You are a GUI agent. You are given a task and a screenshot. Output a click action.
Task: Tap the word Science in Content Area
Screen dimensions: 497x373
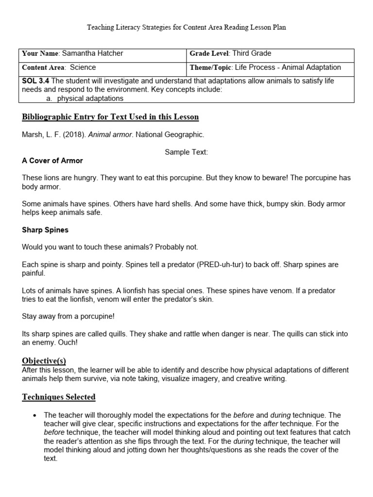(x=83, y=67)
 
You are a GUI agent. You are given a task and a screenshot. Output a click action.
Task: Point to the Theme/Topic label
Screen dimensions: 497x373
(x=211, y=67)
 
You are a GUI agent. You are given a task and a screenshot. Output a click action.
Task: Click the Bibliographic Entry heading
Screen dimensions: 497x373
(x=110, y=117)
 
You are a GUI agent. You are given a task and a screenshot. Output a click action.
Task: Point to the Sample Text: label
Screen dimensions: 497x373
(x=186, y=152)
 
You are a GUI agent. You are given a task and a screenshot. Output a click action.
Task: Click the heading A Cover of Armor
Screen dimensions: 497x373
(x=52, y=161)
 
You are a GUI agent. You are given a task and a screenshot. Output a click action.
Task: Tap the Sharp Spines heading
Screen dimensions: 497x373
(x=45, y=230)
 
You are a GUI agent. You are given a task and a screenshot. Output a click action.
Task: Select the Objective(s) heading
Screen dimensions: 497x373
(x=44, y=361)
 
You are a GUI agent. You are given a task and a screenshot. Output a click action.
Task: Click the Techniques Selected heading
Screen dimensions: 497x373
(x=59, y=397)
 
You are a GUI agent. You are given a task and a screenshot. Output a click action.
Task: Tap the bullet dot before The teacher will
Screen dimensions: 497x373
(x=34, y=415)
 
